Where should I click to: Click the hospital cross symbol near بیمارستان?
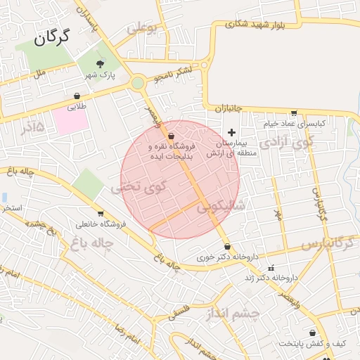[231, 132]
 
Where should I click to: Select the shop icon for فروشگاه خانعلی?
[101, 214]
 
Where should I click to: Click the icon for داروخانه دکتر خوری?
[227, 246]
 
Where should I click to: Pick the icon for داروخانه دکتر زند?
[271, 268]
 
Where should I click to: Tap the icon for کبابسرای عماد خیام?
[294, 112]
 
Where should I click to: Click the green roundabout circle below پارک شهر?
[137, 83]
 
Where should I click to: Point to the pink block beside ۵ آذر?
[68, 121]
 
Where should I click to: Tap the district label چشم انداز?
[235, 312]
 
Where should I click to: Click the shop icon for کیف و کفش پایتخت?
[312, 333]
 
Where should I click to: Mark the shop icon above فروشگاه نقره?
[172, 136]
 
